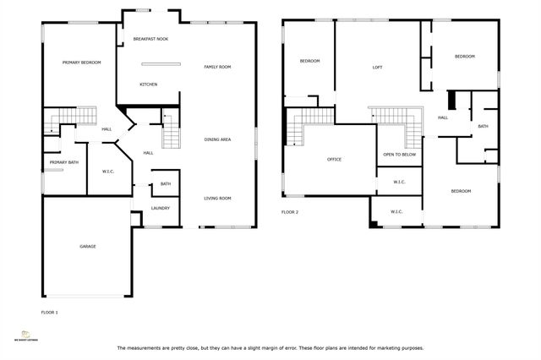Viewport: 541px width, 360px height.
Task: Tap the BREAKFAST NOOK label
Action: (152, 39)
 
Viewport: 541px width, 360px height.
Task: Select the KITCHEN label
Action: (148, 84)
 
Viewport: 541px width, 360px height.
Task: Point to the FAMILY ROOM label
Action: (216, 67)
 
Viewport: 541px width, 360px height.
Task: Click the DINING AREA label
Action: (217, 139)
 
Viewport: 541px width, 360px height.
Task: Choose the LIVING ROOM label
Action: (217, 198)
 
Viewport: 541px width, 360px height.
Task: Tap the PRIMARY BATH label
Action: (63, 162)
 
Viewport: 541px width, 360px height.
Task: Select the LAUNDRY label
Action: (161, 208)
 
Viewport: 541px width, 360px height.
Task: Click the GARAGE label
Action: (88, 246)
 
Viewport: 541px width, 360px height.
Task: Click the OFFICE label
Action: (334, 159)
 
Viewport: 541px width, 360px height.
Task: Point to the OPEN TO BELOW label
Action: (399, 155)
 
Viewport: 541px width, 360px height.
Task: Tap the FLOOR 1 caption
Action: (50, 312)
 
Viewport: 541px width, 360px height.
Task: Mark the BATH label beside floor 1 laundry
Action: (166, 184)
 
